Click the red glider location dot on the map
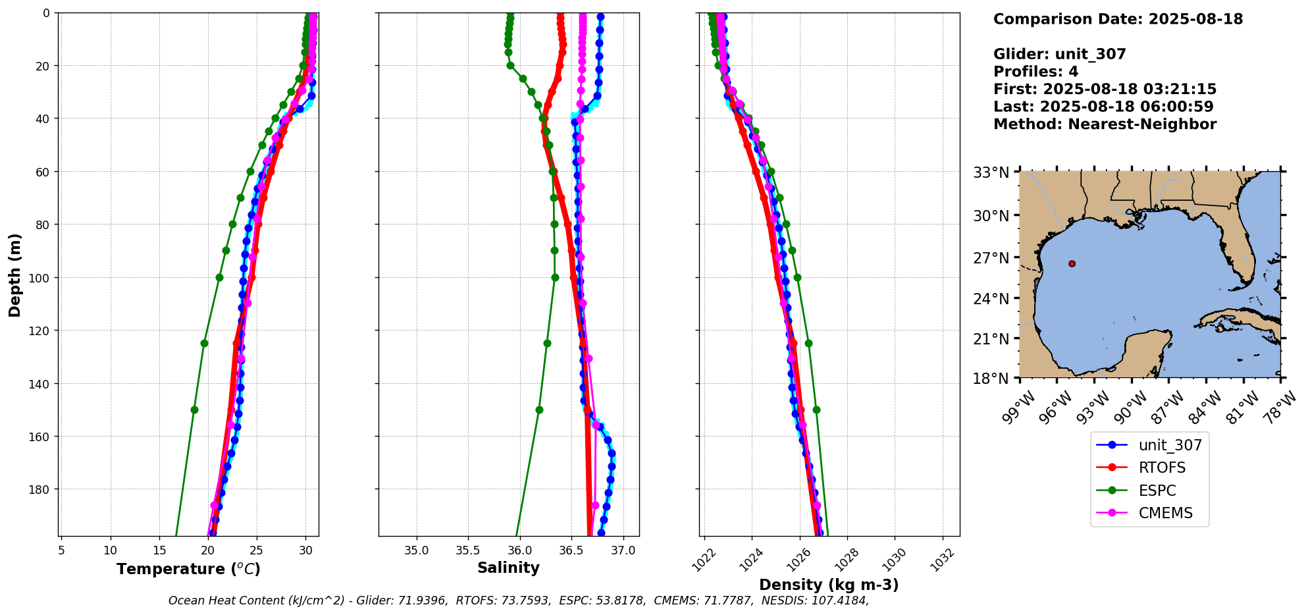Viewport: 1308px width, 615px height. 1072,263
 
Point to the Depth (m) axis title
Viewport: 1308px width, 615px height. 14,275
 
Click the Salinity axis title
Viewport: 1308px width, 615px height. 508,568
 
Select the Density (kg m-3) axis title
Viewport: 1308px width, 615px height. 828,585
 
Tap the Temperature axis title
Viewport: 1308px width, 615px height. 188,569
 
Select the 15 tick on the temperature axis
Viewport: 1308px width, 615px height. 159,550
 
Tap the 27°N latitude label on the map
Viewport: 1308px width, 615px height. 991,257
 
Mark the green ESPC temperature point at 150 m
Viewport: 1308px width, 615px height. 194,410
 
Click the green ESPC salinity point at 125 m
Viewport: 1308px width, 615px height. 547,343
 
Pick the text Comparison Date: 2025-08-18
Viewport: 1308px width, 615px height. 1118,19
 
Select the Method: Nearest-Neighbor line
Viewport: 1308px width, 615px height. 1105,124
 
